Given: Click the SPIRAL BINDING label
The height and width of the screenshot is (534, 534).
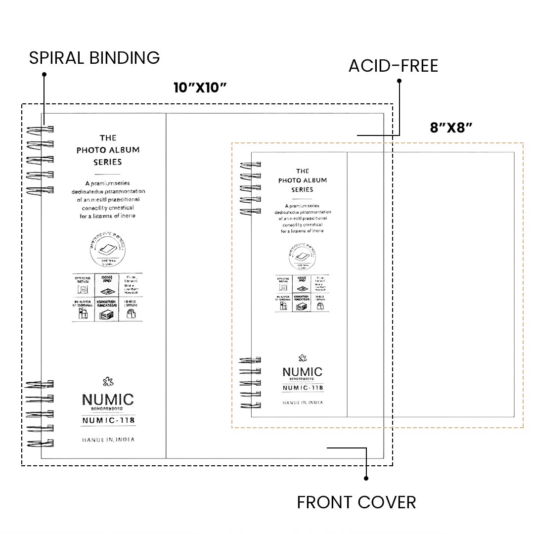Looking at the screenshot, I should [x=94, y=58].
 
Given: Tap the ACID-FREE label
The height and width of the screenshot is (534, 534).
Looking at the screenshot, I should [x=393, y=66].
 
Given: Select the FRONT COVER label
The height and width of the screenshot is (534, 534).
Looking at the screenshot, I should [x=356, y=502].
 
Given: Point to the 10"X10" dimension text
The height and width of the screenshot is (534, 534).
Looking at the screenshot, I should [x=200, y=88].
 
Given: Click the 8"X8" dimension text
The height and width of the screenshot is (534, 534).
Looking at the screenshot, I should [x=451, y=128].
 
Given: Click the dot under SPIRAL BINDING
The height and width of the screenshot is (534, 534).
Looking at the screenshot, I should [x=44, y=75].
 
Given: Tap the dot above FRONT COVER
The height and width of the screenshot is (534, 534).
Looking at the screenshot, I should [x=366, y=478].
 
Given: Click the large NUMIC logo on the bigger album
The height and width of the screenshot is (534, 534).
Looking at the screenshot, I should [x=108, y=400].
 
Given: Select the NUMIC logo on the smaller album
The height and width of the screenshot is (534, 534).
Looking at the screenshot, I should [x=302, y=372].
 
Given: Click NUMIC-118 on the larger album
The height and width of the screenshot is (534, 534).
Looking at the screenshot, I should [x=108, y=421].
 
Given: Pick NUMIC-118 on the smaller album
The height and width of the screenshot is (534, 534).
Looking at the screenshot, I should [x=303, y=388].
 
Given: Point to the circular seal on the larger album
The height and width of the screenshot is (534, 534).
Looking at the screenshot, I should [x=110, y=250].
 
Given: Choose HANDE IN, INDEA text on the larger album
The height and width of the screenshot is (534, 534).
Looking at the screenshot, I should [x=108, y=440].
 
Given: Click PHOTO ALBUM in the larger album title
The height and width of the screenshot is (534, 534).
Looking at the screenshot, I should [x=108, y=150].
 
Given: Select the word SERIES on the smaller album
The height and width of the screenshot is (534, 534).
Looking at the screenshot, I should [x=302, y=189].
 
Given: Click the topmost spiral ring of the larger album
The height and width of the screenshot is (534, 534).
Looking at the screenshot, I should [x=41, y=130].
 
